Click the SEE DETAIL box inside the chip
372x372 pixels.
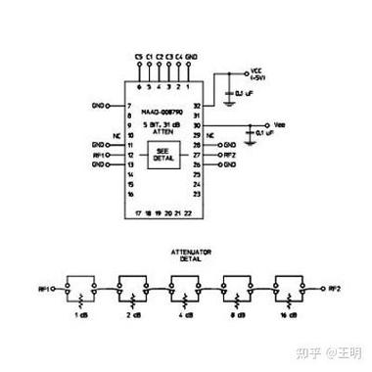[164, 153]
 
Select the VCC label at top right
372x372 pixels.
[257, 71]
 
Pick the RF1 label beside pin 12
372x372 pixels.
[99, 154]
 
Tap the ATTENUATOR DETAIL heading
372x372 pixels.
[185, 256]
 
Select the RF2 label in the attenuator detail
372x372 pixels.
[334, 288]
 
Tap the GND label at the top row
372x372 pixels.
[192, 58]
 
